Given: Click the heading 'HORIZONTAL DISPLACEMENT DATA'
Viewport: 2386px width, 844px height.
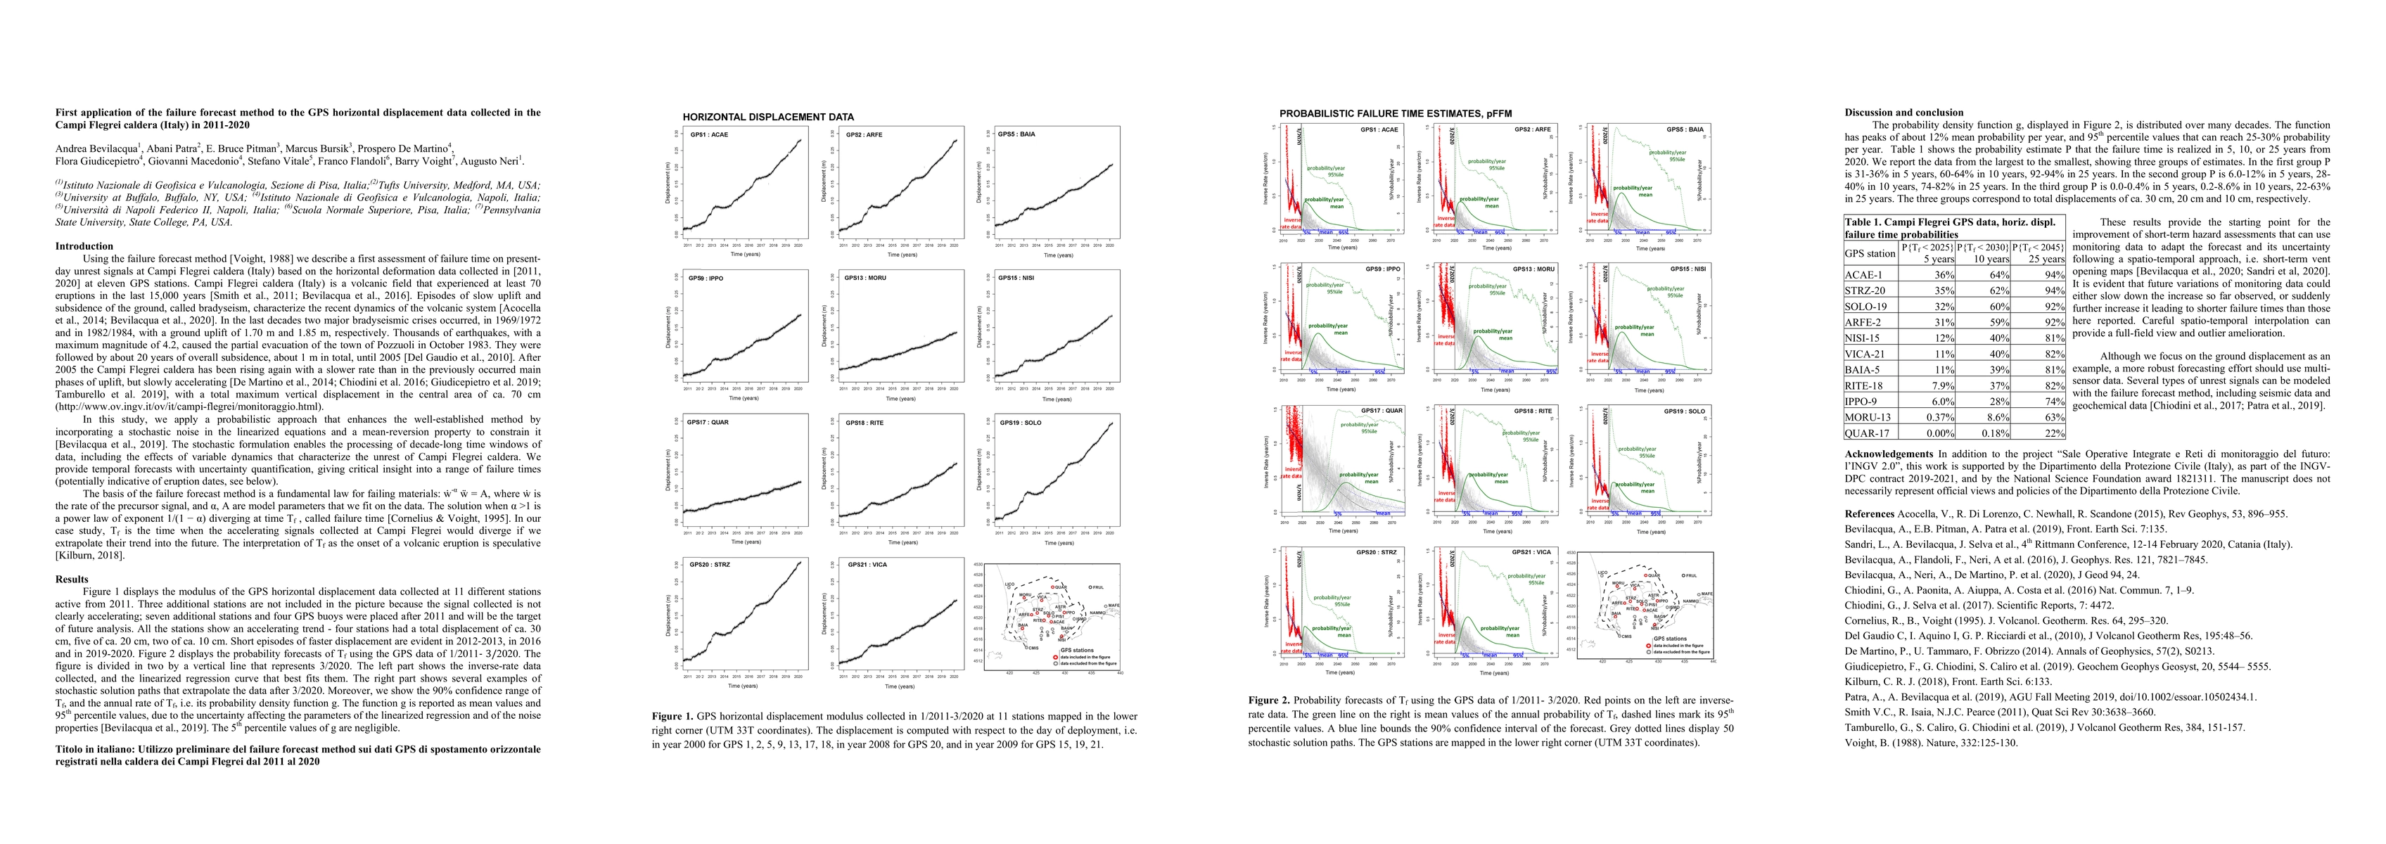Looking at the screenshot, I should tap(768, 117).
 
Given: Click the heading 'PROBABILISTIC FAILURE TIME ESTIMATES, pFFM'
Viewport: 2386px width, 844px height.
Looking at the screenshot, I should tap(1395, 114).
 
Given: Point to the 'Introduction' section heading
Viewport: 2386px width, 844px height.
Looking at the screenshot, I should tap(84, 246).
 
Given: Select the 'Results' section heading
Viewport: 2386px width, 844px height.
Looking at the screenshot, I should tap(72, 579).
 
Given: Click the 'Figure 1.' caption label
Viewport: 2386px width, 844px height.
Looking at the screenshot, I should tap(672, 716).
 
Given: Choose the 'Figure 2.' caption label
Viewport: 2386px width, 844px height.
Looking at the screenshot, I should tap(1268, 701).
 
